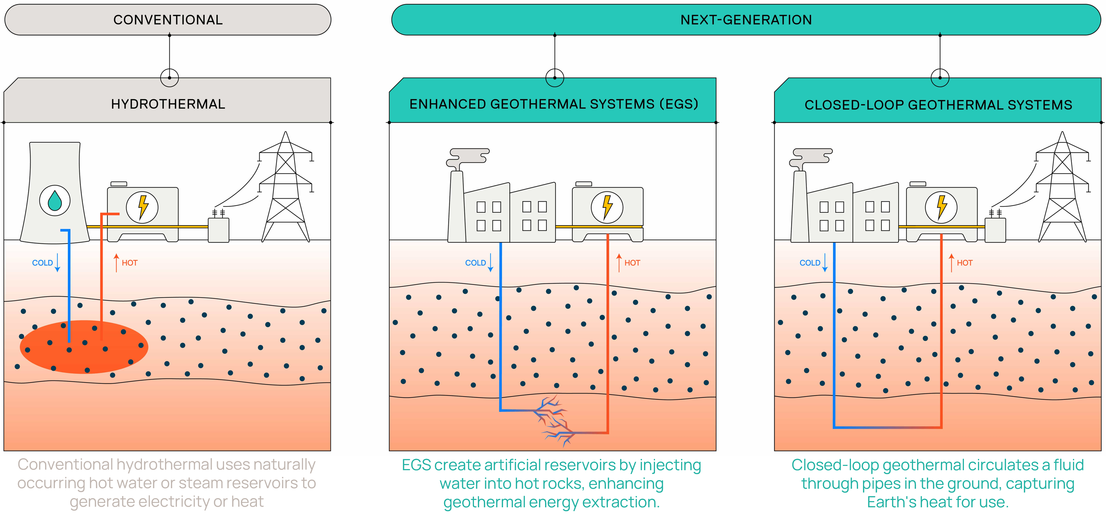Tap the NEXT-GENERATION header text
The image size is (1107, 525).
pyautogui.click(x=746, y=20)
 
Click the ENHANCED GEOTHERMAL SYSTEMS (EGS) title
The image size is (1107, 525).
pyautogui.click(x=553, y=104)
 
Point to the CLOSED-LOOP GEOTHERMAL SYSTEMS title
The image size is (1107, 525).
pyautogui.click(x=938, y=105)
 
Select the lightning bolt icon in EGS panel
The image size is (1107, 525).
pyautogui.click(x=607, y=207)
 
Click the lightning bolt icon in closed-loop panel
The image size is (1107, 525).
pyautogui.click(x=941, y=207)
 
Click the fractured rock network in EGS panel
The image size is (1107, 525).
pyautogui.click(x=554, y=421)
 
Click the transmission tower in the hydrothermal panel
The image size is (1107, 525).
pyautogui.click(x=285, y=189)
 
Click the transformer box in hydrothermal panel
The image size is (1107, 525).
pyautogui.click(x=218, y=230)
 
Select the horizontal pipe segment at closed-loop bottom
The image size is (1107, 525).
pyautogui.click(x=888, y=427)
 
